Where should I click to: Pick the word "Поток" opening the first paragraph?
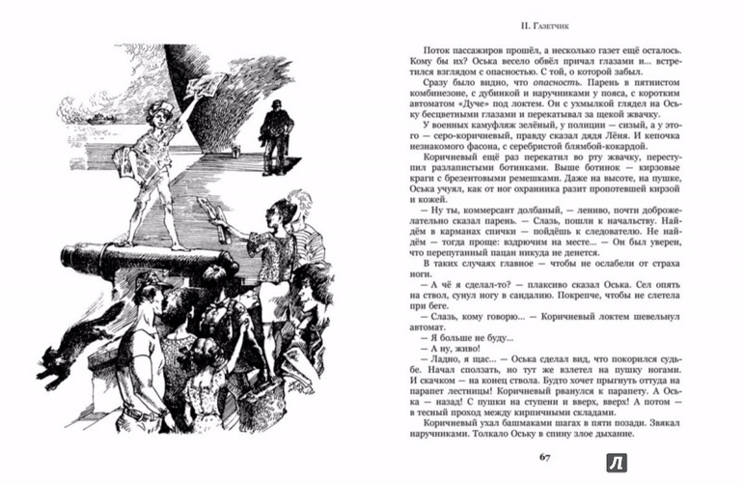433,44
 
